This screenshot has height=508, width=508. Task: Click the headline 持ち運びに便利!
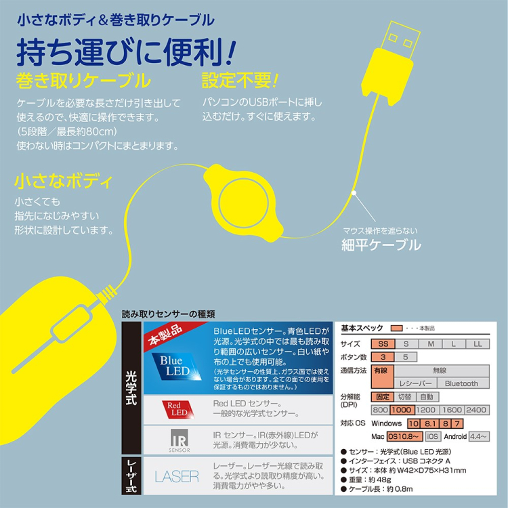(x=126, y=53)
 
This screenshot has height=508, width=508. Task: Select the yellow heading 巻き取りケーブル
(x=82, y=82)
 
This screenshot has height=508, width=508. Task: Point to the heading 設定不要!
(x=240, y=82)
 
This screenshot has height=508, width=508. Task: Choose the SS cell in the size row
(x=383, y=344)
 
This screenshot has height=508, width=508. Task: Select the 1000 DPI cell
(x=402, y=410)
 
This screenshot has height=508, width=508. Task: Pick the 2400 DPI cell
(x=477, y=410)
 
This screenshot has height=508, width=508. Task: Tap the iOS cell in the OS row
(x=433, y=437)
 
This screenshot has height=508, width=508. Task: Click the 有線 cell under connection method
(x=381, y=371)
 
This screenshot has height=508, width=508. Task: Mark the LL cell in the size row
(x=477, y=344)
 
